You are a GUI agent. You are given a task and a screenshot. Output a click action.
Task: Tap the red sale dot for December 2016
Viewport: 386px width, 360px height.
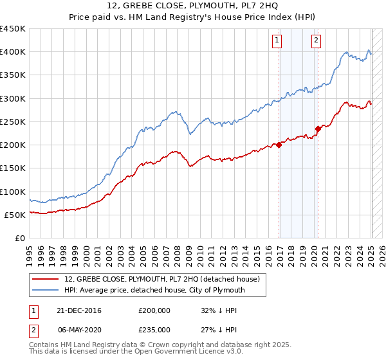279,145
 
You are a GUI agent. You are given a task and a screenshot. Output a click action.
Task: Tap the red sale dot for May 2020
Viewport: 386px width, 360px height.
318,129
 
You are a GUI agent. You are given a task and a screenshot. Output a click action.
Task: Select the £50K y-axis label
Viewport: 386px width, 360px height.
15,215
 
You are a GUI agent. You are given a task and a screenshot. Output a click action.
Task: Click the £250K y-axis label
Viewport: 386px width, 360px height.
12,122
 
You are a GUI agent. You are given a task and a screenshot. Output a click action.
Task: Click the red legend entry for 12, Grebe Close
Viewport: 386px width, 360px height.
161,279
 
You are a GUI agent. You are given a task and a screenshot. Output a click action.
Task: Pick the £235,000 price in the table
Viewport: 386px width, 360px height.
154,329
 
